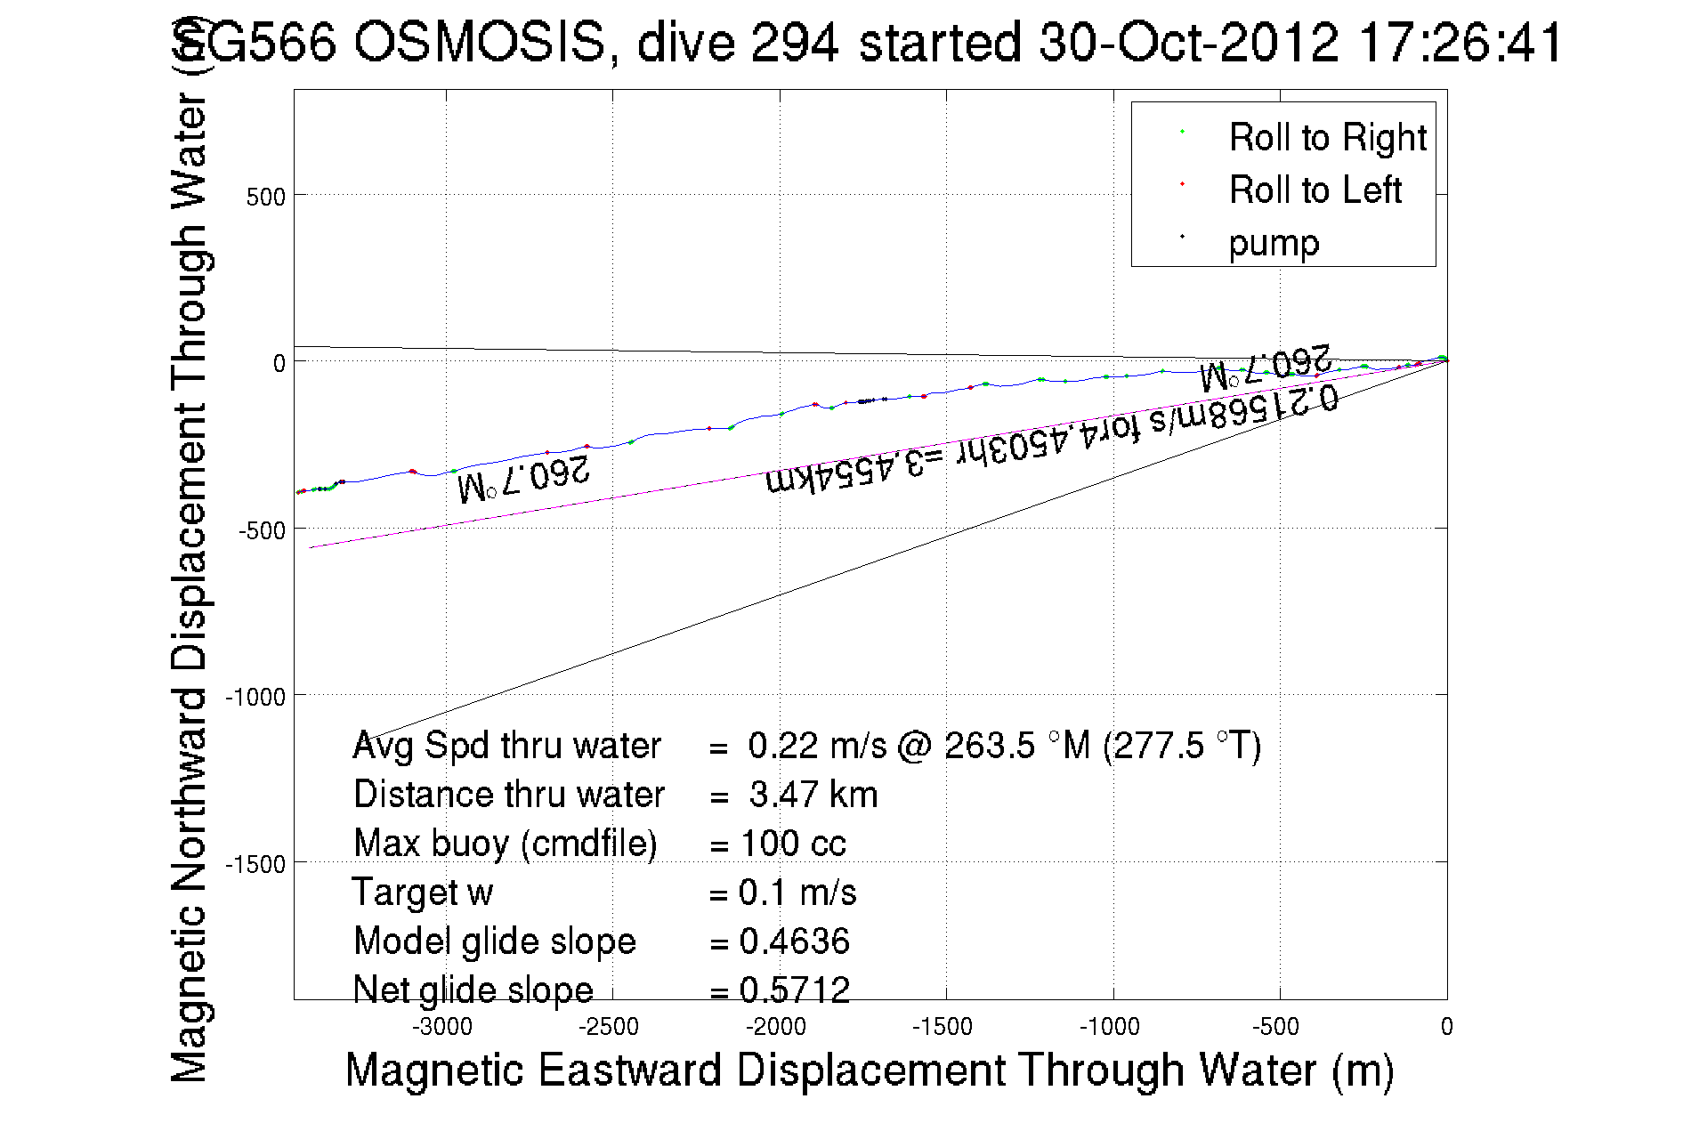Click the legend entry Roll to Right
[x=1326, y=138]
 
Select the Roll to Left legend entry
[x=1315, y=190]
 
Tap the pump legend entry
[x=1273, y=243]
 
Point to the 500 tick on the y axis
[x=265, y=197]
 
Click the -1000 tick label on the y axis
[x=255, y=697]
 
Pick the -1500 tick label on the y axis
[x=255, y=864]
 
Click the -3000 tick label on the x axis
[x=442, y=1027]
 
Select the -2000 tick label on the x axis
[x=776, y=1027]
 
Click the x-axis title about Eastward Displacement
[x=869, y=1070]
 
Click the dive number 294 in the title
[x=795, y=42]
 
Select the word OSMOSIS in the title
[x=480, y=42]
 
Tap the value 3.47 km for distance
[x=813, y=795]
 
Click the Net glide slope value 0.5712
[x=794, y=990]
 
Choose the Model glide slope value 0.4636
[x=794, y=941]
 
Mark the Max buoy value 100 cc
[x=792, y=844]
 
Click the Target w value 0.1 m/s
[x=797, y=893]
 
